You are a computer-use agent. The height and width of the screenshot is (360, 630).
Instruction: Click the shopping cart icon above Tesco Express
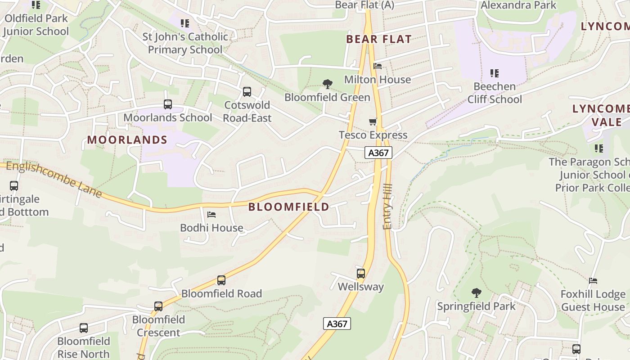373,121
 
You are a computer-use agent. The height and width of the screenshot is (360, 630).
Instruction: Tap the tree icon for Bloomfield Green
328,84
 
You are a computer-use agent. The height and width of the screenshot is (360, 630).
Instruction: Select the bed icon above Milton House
378,66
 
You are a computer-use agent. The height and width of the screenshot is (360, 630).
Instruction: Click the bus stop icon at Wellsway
361,273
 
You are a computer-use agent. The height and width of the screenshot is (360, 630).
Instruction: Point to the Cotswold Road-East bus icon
247,92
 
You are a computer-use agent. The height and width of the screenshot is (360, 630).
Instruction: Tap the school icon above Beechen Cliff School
495,73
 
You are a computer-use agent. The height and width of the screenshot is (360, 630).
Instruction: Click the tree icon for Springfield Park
477,293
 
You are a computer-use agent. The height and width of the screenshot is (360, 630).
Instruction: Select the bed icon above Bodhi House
211,215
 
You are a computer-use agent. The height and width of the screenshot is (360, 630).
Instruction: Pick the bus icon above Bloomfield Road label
221,280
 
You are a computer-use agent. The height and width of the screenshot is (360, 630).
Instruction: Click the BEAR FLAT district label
379,39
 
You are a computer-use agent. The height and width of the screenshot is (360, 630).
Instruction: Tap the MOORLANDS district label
127,140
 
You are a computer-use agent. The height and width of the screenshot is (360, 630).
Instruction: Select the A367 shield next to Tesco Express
378,153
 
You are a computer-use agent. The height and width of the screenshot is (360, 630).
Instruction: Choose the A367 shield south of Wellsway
337,323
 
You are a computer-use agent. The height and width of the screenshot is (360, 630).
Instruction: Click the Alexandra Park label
518,5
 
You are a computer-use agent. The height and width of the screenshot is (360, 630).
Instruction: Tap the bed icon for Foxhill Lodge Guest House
593,281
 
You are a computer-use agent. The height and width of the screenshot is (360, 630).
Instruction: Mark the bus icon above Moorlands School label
168,104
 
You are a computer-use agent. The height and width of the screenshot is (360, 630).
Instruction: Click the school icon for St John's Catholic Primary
185,23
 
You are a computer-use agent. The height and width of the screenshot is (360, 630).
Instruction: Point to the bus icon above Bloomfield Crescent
158,306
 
